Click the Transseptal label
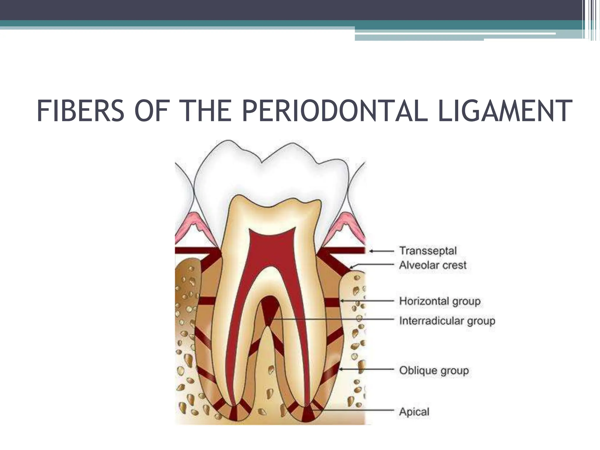click(x=428, y=251)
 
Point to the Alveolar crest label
click(x=433, y=265)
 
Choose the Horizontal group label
click(x=440, y=301)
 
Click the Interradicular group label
click(x=447, y=321)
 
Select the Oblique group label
click(x=434, y=370)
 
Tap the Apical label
click(x=414, y=412)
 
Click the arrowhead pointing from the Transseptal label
click(x=371, y=251)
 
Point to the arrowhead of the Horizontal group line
click(x=342, y=301)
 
